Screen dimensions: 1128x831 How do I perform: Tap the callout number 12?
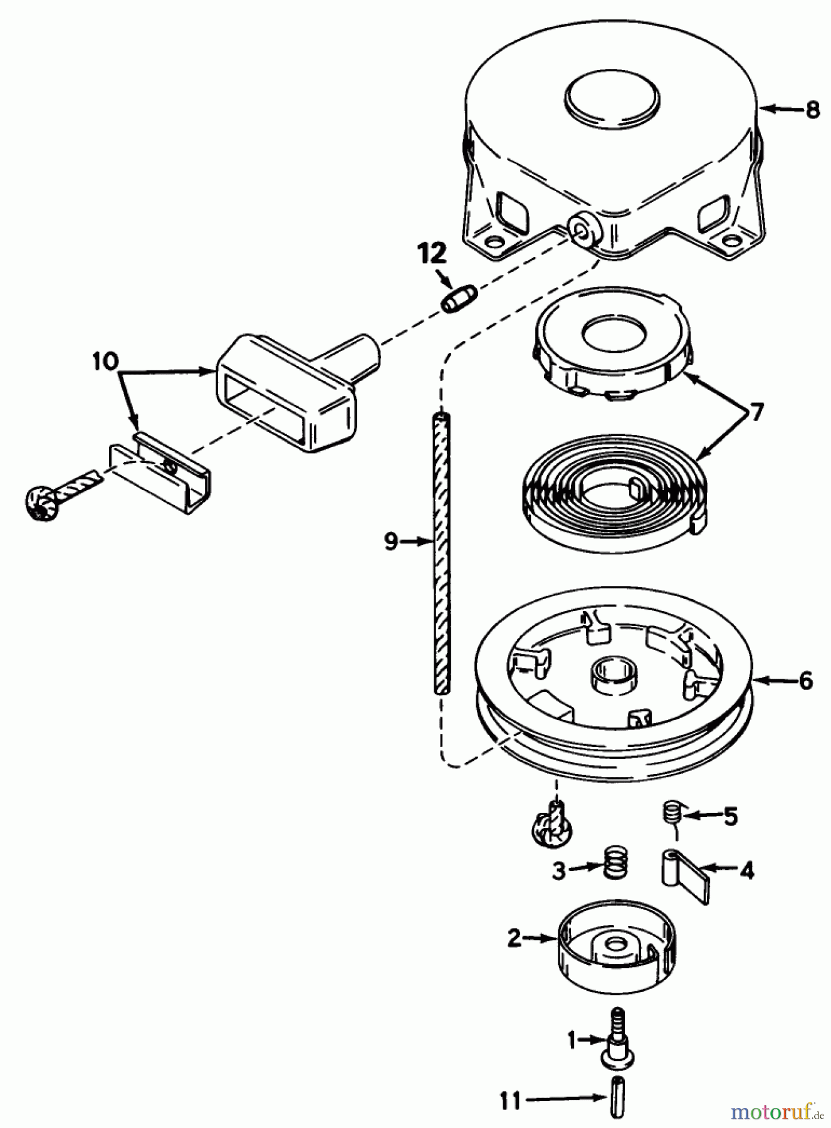(432, 254)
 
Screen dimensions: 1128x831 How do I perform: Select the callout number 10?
(105, 362)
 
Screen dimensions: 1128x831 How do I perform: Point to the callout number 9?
(391, 540)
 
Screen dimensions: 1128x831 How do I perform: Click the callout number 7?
(756, 412)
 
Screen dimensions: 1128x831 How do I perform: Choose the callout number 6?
(805, 680)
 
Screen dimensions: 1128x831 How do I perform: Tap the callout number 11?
(511, 1101)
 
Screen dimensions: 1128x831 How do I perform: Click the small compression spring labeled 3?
(617, 863)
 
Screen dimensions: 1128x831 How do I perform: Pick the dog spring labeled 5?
(671, 815)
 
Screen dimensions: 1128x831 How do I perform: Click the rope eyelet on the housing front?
(585, 231)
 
